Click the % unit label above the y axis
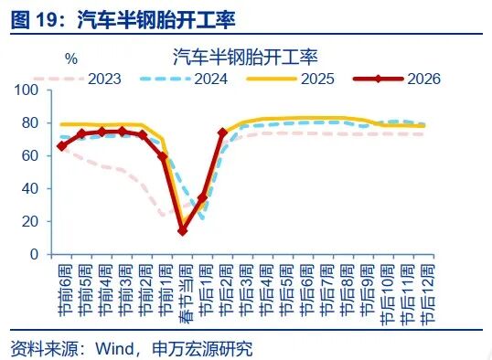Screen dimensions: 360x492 (71, 58)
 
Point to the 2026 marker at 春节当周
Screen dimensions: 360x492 (182, 230)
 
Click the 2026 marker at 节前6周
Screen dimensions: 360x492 (61, 145)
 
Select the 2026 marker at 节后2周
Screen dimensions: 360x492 (222, 132)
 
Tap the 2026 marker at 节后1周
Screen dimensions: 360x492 (202, 197)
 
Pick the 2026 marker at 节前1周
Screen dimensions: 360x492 (162, 156)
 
